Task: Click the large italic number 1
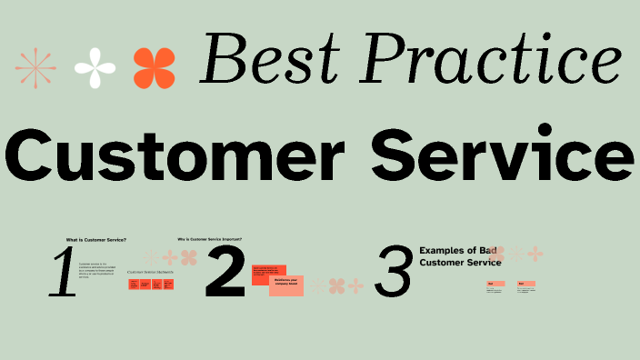click(x=64, y=274)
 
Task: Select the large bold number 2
click(x=225, y=273)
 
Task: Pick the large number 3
click(x=393, y=274)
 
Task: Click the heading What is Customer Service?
click(x=96, y=240)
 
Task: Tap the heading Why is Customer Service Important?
click(x=222, y=240)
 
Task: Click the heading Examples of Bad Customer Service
click(x=460, y=255)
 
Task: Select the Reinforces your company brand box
click(x=286, y=285)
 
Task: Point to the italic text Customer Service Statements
click(x=150, y=272)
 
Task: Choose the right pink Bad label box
click(x=525, y=285)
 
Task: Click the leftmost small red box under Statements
click(x=134, y=285)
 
